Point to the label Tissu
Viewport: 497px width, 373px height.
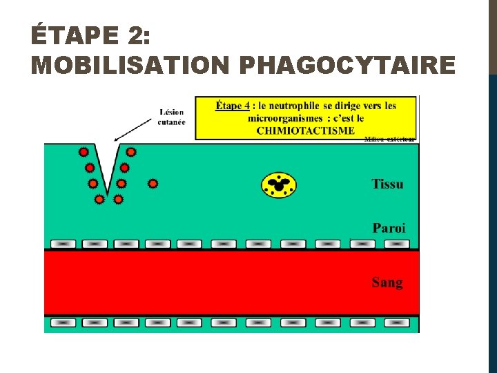pos(387,184)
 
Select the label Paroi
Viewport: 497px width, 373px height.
pos(389,227)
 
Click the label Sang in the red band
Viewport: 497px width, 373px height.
pos(387,282)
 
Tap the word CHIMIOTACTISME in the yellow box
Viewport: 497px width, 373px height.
pos(306,130)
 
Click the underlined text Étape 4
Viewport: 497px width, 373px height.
pos(233,106)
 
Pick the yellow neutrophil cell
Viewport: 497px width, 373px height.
pos(279,184)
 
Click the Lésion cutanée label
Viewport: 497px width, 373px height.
pos(172,117)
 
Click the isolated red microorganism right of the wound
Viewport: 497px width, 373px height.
pos(153,184)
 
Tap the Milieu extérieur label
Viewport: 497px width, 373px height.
pos(390,139)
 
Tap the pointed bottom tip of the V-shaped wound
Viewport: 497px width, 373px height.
pos(107,193)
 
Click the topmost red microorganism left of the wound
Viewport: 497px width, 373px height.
pos(84,151)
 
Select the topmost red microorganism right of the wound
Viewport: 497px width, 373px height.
pos(130,151)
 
